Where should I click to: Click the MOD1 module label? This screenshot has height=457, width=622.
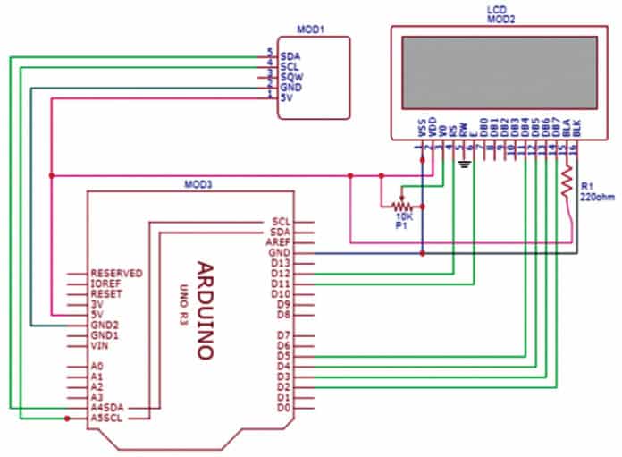[x=310, y=29]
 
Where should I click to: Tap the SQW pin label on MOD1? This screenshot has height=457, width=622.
[x=290, y=77]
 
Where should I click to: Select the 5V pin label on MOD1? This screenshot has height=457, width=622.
[x=286, y=97]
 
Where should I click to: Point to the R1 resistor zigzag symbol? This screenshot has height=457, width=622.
[x=565, y=183]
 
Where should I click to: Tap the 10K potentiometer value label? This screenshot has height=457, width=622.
[x=403, y=216]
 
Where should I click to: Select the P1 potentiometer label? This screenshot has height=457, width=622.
[x=401, y=227]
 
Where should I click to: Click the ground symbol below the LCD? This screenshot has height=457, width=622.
[x=464, y=165]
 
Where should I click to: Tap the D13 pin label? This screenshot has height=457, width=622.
[x=280, y=264]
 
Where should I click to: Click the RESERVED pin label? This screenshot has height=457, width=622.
[x=117, y=274]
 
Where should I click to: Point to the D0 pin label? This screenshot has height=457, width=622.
[x=283, y=408]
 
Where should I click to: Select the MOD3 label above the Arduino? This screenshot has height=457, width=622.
[x=198, y=183]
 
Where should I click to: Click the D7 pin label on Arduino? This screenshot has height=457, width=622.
[x=283, y=335]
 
